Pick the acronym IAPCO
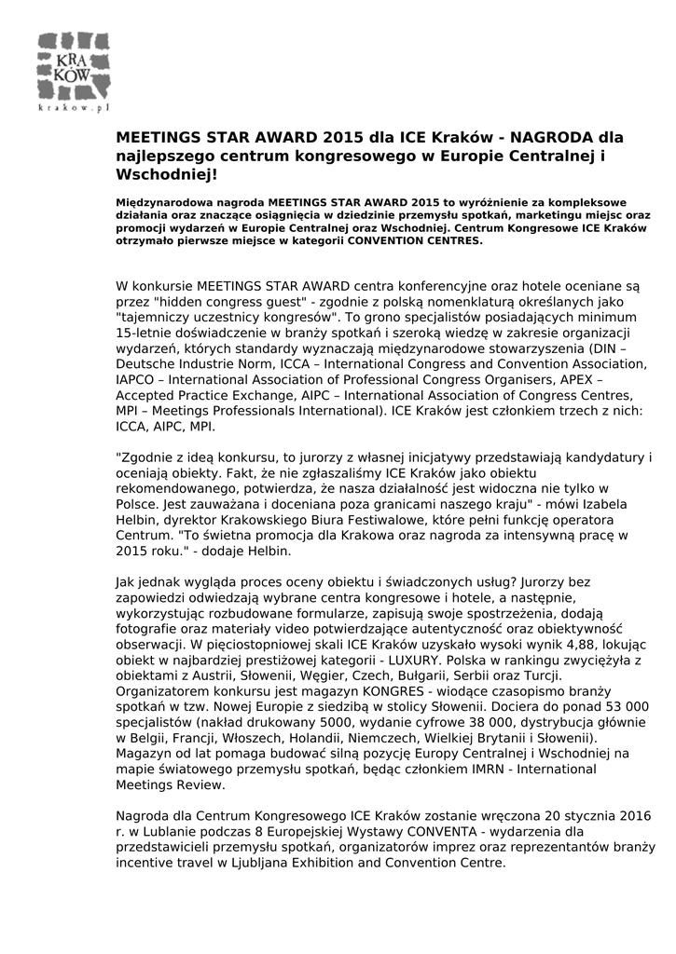pos(138,380)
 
